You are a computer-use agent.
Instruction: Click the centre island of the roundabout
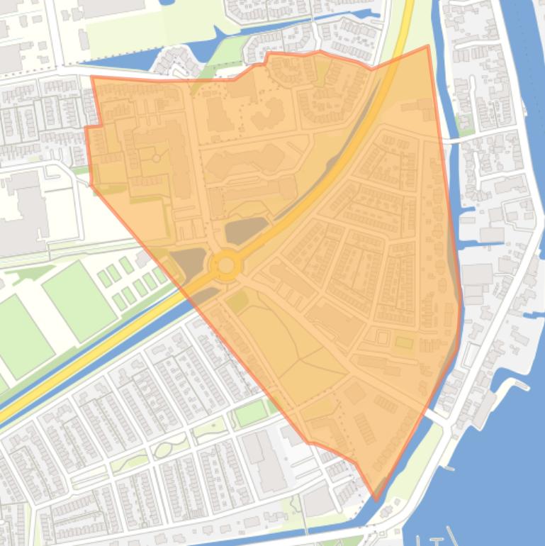coord(226,265)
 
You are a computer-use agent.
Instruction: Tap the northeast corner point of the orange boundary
coord(428,46)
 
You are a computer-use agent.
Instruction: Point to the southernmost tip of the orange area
coord(376,499)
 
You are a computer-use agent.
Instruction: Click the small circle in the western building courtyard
coord(156,158)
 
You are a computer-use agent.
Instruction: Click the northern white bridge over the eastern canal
coord(454,138)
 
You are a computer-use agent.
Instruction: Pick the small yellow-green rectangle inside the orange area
coord(404,342)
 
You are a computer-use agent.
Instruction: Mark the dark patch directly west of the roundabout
coord(186,262)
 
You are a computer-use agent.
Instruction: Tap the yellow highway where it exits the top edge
coord(408,6)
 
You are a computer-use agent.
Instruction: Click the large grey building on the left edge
coord(21,213)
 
